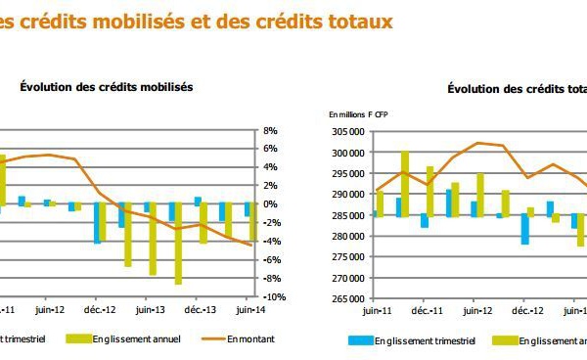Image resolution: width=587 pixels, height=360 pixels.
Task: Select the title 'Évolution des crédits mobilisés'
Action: (106, 86)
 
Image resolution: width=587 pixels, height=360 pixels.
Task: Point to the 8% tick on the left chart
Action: (271, 130)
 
